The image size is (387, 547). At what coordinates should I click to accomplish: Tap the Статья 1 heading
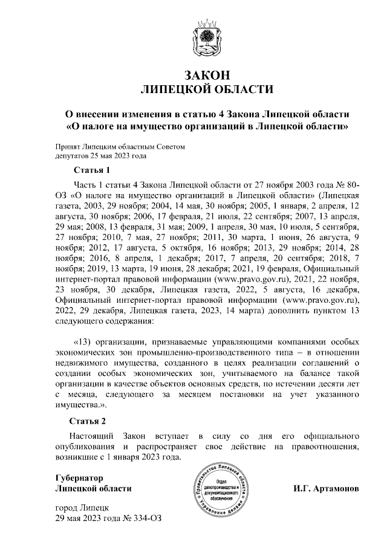[x=91, y=169]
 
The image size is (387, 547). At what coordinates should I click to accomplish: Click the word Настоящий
[x=92, y=435]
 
